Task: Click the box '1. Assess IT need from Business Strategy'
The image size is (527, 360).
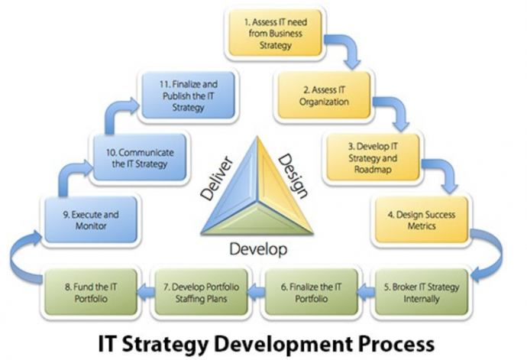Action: click(x=275, y=33)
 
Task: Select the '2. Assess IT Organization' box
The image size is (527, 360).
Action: click(x=324, y=96)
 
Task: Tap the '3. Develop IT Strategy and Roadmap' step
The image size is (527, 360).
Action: click(x=373, y=157)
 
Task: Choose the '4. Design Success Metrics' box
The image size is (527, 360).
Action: click(x=422, y=220)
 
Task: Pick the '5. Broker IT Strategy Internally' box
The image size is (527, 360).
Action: click(x=422, y=292)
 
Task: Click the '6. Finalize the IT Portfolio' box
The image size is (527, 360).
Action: click(x=311, y=292)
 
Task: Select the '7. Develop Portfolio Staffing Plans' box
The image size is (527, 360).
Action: click(x=201, y=292)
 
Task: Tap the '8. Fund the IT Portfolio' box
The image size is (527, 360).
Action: click(x=91, y=292)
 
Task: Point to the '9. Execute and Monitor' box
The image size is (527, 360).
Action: click(x=91, y=220)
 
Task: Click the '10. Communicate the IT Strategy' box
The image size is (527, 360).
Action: click(x=140, y=157)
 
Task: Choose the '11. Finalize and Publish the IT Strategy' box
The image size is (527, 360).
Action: click(x=188, y=96)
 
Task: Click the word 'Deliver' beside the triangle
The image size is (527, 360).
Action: click(x=216, y=178)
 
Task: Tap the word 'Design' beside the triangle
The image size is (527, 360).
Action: click(x=293, y=176)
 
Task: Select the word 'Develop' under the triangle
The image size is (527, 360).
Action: click(x=258, y=249)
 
